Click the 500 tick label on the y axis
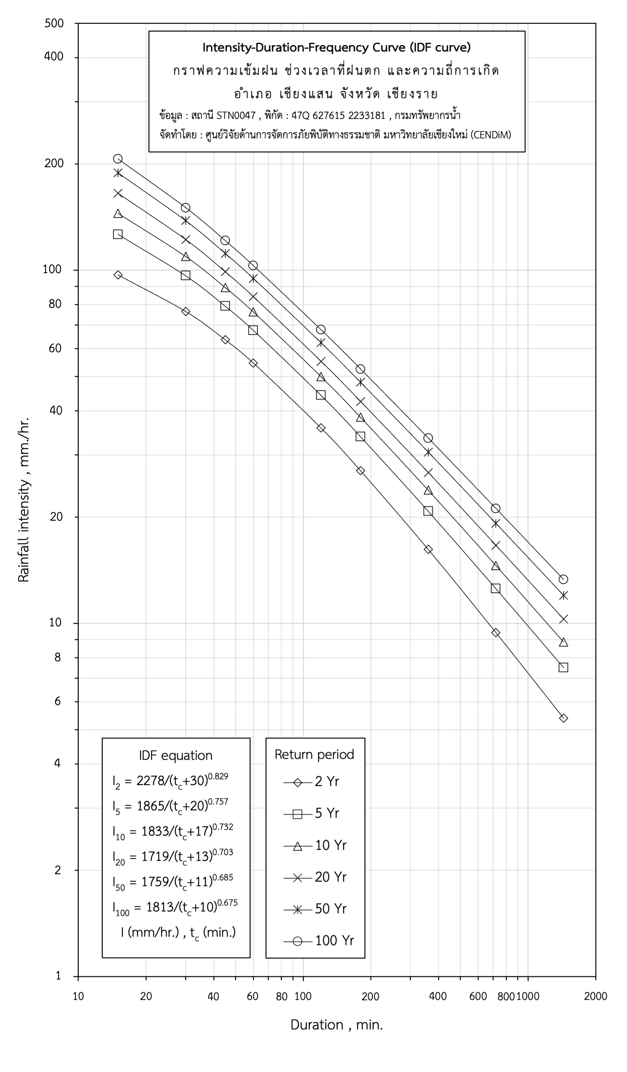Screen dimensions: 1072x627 coord(54,23)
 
